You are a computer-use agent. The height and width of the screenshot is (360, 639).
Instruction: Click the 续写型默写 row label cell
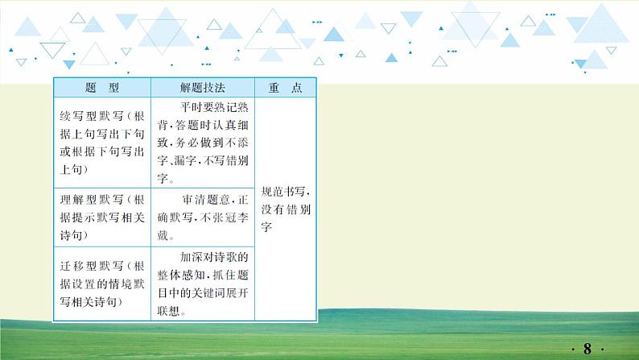click(101, 142)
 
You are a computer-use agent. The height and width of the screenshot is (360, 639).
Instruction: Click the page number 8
click(587, 349)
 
